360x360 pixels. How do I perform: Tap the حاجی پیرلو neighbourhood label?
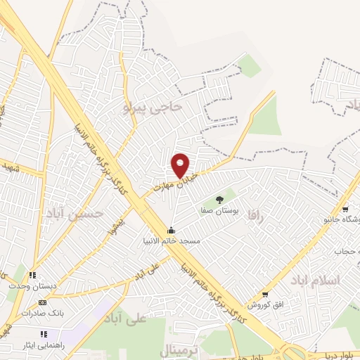pyautogui.click(x=153, y=107)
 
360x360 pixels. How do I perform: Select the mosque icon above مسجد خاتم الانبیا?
pyautogui.click(x=171, y=230)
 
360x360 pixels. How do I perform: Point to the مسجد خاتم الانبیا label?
pyautogui.click(x=171, y=241)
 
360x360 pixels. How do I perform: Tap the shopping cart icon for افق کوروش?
pyautogui.click(x=265, y=295)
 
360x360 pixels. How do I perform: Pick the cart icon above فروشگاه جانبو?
pyautogui.click(x=345, y=209)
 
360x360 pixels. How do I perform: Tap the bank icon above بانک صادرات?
pyautogui.click(x=43, y=302)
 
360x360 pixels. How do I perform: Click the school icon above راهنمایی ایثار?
pyautogui.click(x=44, y=334)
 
